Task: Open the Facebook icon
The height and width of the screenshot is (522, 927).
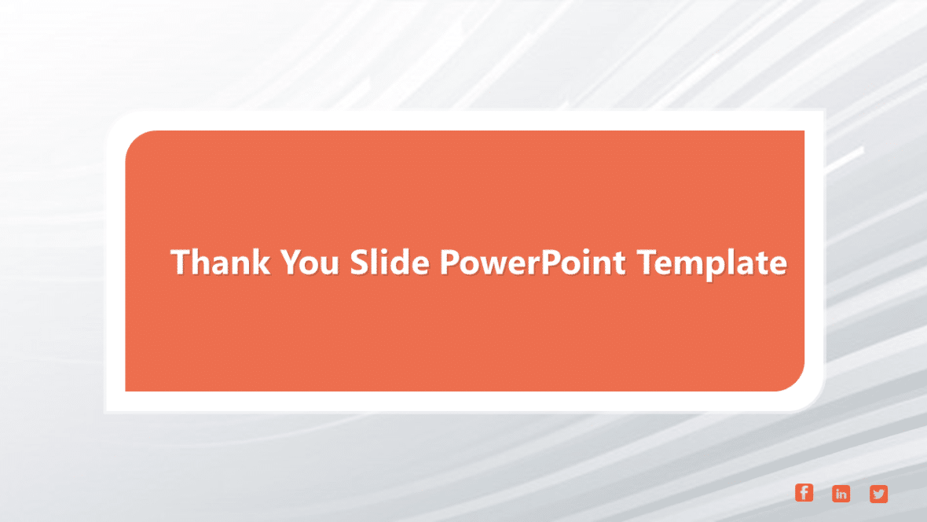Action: [804, 493]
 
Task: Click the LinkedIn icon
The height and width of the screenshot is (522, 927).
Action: [841, 494]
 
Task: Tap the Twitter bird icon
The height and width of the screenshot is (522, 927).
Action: [878, 494]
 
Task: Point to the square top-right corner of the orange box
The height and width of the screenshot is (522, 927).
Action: [802, 133]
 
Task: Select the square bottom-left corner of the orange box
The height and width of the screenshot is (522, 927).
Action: [127, 389]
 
